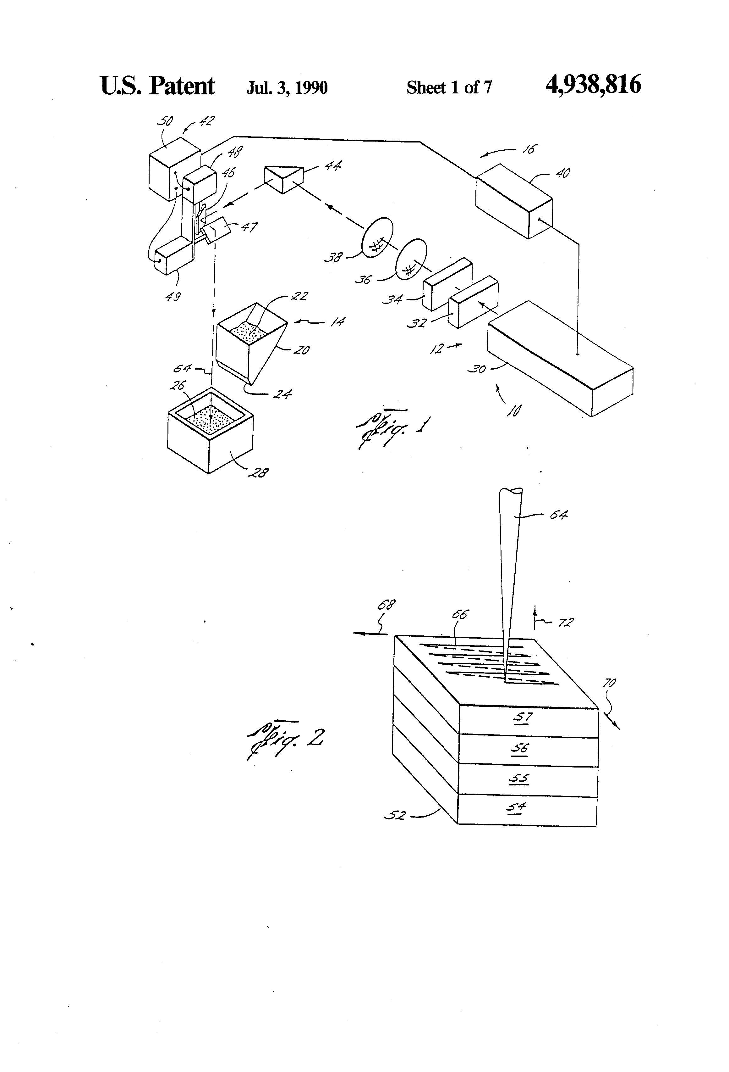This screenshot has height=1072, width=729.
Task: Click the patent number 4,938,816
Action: pyautogui.click(x=593, y=85)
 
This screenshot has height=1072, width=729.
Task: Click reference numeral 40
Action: pyautogui.click(x=563, y=173)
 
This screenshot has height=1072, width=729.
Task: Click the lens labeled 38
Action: pyautogui.click(x=377, y=236)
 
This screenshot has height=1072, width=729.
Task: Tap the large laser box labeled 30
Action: pyautogui.click(x=560, y=359)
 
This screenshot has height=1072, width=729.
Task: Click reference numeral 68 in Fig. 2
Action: pyautogui.click(x=386, y=604)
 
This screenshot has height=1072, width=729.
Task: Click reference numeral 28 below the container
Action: pyautogui.click(x=259, y=472)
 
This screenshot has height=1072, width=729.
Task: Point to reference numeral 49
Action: pyautogui.click(x=173, y=297)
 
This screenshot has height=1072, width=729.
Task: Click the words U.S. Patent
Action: pyautogui.click(x=157, y=86)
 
